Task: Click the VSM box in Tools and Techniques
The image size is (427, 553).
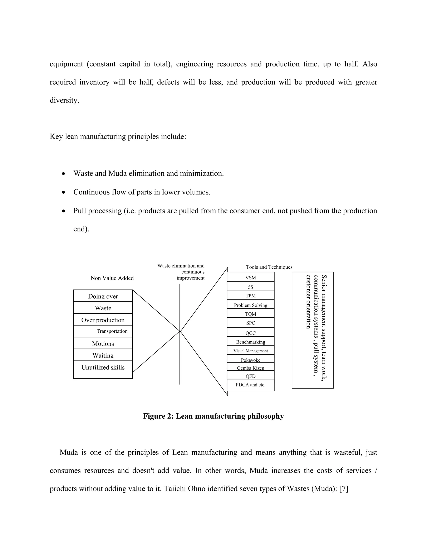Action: click(x=250, y=277)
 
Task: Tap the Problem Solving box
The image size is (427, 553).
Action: click(x=250, y=305)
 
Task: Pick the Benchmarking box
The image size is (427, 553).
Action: click(x=250, y=342)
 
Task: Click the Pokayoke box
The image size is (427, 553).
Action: click(x=250, y=359)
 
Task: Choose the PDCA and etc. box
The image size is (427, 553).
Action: click(x=250, y=385)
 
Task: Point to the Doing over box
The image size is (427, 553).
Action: click(x=103, y=296)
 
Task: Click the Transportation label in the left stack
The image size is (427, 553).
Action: click(x=112, y=331)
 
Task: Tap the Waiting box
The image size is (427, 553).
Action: click(x=103, y=355)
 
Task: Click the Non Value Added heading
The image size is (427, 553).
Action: click(x=112, y=278)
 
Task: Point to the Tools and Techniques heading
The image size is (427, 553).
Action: click(x=269, y=267)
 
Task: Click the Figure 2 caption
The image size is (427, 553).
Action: click(x=213, y=416)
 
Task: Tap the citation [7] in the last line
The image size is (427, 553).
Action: click(x=344, y=489)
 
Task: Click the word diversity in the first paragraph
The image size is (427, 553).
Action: click(x=64, y=100)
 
